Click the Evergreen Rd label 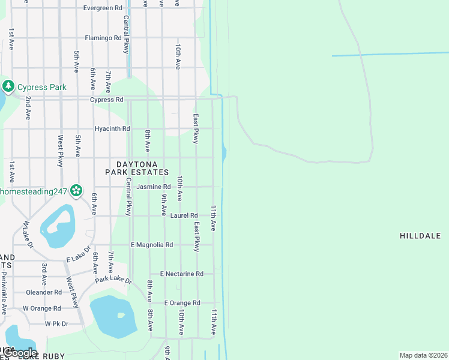pos(103,8)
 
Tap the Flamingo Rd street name pos(103,38)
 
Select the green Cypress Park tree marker pos(8,86)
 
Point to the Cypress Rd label pos(107,100)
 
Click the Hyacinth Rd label pos(112,129)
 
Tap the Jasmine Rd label pos(154,187)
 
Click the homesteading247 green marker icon pos(76,191)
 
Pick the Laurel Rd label pos(184,215)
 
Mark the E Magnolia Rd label pos(152,245)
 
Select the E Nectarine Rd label pos(181,274)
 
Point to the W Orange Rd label pos(41,308)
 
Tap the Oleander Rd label pos(44,292)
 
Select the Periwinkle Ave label pos(4,293)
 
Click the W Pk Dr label pos(57,323)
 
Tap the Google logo pos(20,353)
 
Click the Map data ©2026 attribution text pos(423,355)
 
